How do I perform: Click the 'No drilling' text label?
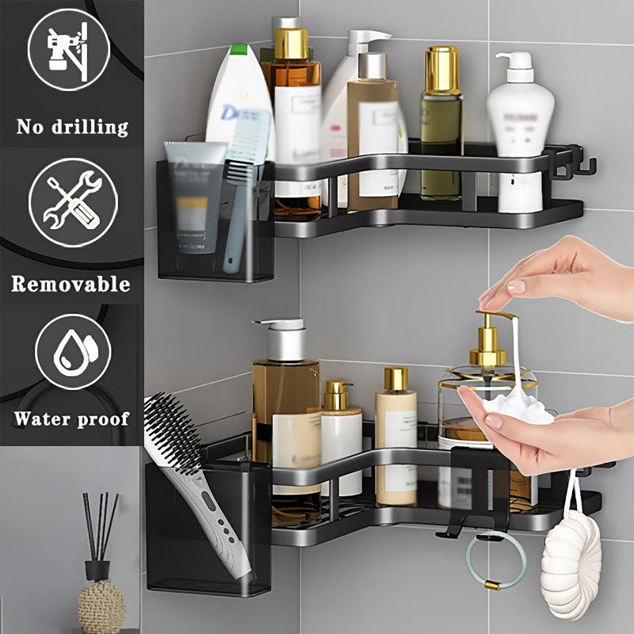pyautogui.click(x=71, y=126)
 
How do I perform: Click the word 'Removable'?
pyautogui.click(x=71, y=284)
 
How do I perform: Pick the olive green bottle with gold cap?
pyautogui.click(x=441, y=127)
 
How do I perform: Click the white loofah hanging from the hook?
pyautogui.click(x=570, y=563)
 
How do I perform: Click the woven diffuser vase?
pyautogui.click(x=101, y=606)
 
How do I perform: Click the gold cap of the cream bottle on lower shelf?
pyautogui.click(x=395, y=378)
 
